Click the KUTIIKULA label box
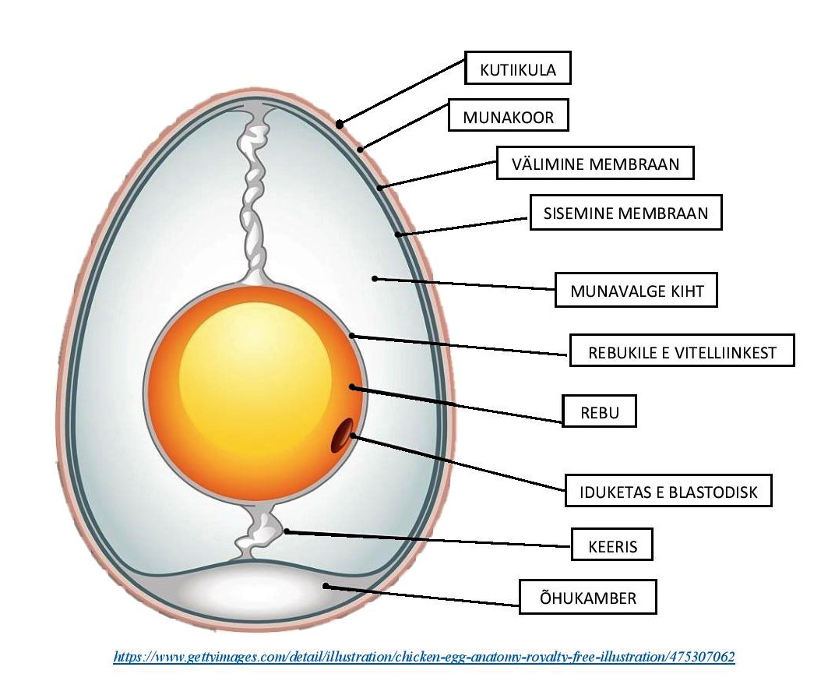(518, 69)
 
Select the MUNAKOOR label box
(509, 117)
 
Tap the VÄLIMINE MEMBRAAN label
(595, 164)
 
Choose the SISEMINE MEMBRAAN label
(626, 213)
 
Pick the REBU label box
(600, 411)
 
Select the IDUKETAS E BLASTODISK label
(669, 492)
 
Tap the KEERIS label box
(611, 546)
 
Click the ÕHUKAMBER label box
(588, 598)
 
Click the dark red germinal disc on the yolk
(342, 436)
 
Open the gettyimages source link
(424, 657)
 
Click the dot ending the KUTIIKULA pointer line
(340, 124)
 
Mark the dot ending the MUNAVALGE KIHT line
(375, 277)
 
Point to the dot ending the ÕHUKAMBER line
(326, 586)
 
